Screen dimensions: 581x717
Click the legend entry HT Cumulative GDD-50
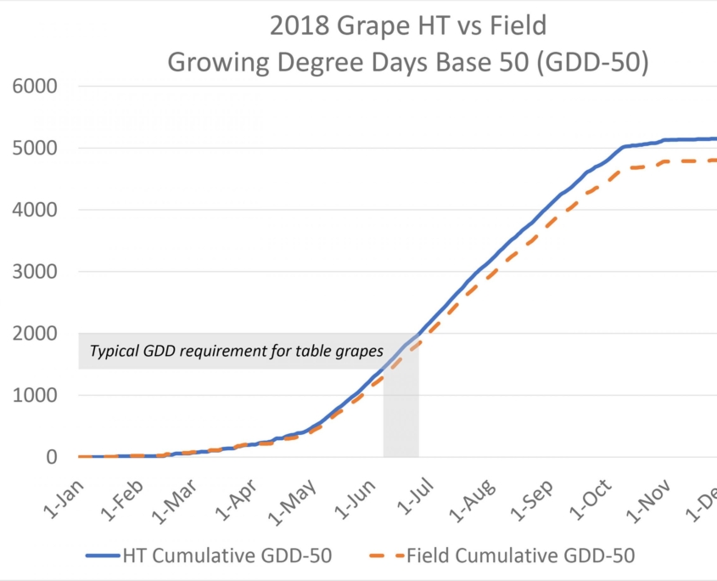click(227, 556)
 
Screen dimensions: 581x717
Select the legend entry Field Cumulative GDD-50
click(520, 556)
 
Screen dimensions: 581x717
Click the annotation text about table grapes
click(237, 350)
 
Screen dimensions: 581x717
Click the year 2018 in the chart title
click(297, 27)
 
